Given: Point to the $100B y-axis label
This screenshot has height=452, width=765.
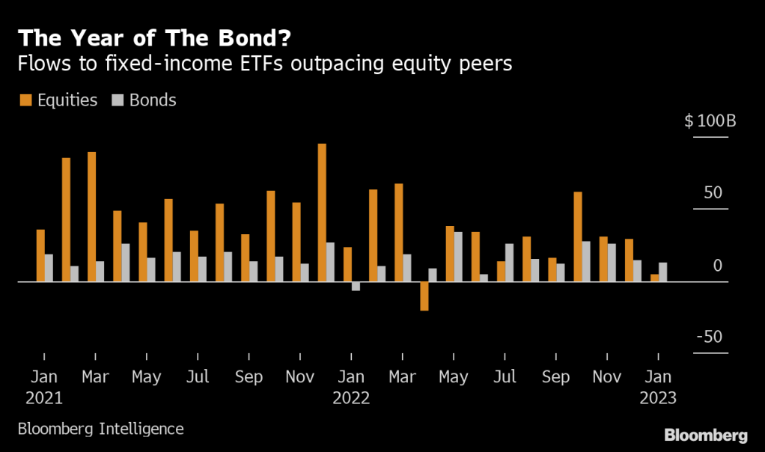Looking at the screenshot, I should (710, 120).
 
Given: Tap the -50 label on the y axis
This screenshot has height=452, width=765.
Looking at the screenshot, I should (709, 337).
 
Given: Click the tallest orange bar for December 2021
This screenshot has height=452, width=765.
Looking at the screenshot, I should (322, 213).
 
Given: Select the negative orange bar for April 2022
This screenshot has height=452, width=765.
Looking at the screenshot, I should (424, 296).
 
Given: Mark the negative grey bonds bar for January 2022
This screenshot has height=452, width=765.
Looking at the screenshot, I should (356, 286).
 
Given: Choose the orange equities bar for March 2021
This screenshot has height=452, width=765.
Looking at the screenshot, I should (91, 217).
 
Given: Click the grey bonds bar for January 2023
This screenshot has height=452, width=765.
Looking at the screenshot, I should (662, 272).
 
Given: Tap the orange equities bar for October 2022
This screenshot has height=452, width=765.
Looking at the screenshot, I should (578, 236).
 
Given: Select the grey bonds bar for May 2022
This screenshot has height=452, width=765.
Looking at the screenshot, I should (458, 257).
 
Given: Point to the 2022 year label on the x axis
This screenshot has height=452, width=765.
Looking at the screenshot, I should (351, 398).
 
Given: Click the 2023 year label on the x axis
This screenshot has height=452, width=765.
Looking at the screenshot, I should (658, 398).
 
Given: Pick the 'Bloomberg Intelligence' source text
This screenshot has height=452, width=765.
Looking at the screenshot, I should (100, 429).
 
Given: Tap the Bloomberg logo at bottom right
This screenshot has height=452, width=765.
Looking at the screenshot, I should (705, 435).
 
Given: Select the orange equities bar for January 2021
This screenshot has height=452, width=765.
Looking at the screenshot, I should (40, 255).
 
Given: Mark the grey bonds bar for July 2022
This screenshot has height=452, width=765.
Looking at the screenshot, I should (509, 263).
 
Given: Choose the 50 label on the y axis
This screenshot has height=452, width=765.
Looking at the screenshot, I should (713, 193).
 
